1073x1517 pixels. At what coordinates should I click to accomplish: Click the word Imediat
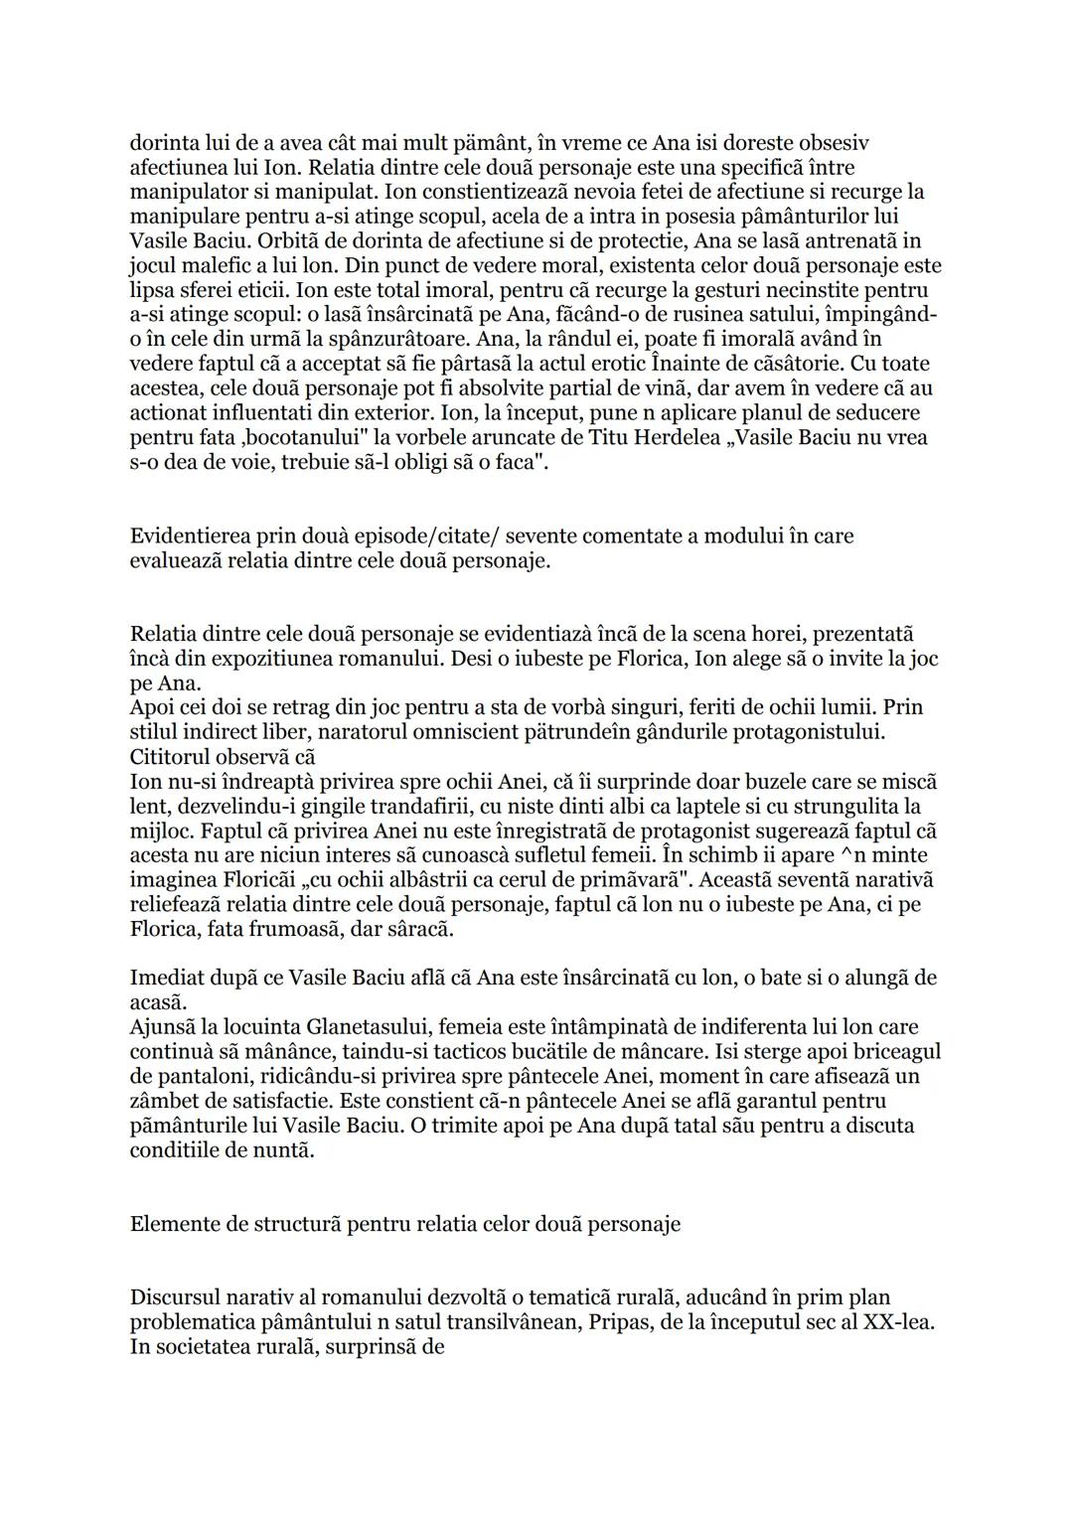[x=164, y=978]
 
